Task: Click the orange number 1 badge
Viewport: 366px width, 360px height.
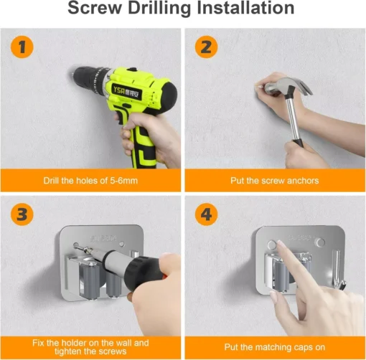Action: [x=22, y=47]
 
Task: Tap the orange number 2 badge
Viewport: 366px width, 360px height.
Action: [x=206, y=47]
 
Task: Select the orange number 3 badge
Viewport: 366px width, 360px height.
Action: [x=22, y=214]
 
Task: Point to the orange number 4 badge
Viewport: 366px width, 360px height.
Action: [x=206, y=214]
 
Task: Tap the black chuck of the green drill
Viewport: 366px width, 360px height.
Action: [x=87, y=77]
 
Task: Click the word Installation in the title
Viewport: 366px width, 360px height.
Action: [x=245, y=8]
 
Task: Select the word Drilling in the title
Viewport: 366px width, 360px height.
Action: [x=160, y=9]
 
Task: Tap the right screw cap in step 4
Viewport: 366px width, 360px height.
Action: [x=320, y=242]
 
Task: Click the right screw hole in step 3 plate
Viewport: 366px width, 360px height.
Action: [x=122, y=244]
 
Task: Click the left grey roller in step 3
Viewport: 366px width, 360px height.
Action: [x=91, y=280]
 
